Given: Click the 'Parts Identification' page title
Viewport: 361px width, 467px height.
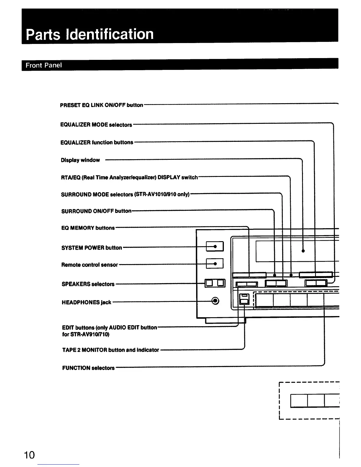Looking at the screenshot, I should point(90,34).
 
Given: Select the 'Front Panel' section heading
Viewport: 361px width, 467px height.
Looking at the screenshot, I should point(44,65).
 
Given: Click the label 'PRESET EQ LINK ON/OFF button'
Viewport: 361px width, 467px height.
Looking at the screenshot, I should point(101,105).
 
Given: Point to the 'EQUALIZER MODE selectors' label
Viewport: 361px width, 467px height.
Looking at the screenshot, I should point(96,125).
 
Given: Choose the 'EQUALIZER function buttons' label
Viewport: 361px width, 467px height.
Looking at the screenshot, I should point(97,142).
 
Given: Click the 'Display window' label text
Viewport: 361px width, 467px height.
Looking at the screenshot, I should point(80,160).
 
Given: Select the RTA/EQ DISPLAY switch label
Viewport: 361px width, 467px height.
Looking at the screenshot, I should point(129,177).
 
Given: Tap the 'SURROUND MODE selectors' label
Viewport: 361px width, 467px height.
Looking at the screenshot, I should point(125,195).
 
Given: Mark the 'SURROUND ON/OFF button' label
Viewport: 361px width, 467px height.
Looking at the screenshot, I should point(96,211).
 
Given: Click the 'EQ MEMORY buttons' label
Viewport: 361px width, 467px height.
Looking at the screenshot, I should point(88,228).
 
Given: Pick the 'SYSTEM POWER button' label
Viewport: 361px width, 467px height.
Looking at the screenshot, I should point(91,248).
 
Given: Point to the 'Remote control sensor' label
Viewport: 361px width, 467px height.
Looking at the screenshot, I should point(90,265).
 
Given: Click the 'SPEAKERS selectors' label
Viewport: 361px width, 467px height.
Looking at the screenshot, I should point(88,284).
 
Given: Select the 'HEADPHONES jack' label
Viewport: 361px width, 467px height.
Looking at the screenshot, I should point(86,302).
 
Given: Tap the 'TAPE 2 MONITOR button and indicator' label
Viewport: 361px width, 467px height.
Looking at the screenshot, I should point(111,350).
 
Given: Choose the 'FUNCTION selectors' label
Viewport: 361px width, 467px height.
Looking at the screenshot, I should point(88,368).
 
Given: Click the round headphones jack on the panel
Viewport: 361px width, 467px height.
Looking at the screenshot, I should point(216,301).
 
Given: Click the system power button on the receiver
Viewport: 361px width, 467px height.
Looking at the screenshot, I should point(215,246).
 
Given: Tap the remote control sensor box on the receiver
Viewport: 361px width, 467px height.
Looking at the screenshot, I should point(215,263).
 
